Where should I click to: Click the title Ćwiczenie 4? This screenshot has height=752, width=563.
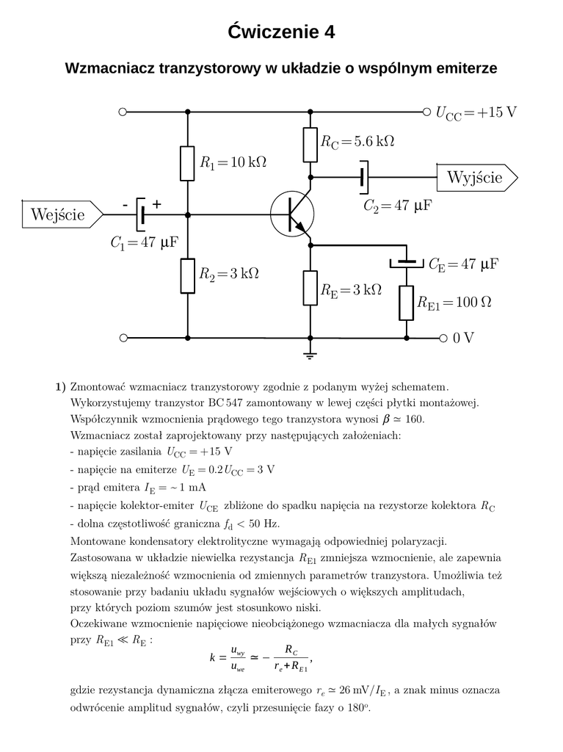(x=281, y=32)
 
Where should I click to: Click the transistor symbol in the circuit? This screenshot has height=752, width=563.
(x=291, y=214)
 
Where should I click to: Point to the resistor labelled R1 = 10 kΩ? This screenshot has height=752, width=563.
(x=187, y=163)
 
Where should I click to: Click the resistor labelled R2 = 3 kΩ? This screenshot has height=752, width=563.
(x=187, y=275)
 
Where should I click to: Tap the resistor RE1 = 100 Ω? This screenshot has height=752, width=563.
(x=406, y=303)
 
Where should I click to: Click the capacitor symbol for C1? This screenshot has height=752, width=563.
(x=140, y=214)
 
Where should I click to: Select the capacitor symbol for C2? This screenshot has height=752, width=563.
(x=363, y=177)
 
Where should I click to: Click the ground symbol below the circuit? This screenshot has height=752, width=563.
(x=310, y=355)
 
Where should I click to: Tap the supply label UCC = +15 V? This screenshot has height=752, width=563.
(x=476, y=112)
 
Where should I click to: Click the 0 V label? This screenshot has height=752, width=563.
(x=464, y=338)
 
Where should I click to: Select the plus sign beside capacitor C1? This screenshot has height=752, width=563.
(x=156, y=203)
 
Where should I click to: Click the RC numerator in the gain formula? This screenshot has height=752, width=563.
(x=291, y=651)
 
